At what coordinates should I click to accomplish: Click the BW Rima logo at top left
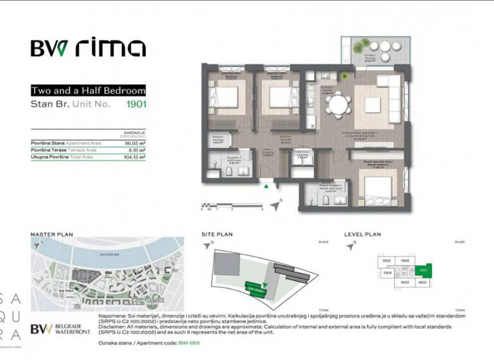(x=88, y=48)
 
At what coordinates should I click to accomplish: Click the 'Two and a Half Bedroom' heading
(x=88, y=91)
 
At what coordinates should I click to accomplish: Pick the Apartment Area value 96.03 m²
(x=134, y=143)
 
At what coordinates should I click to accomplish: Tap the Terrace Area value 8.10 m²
(x=136, y=150)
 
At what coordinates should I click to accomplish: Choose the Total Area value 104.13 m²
(x=134, y=156)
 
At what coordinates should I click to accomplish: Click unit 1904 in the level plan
(x=387, y=273)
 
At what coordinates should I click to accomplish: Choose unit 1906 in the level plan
(x=405, y=260)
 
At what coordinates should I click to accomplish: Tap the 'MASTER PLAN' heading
(x=52, y=235)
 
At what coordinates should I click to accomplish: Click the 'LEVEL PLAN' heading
(x=364, y=235)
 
